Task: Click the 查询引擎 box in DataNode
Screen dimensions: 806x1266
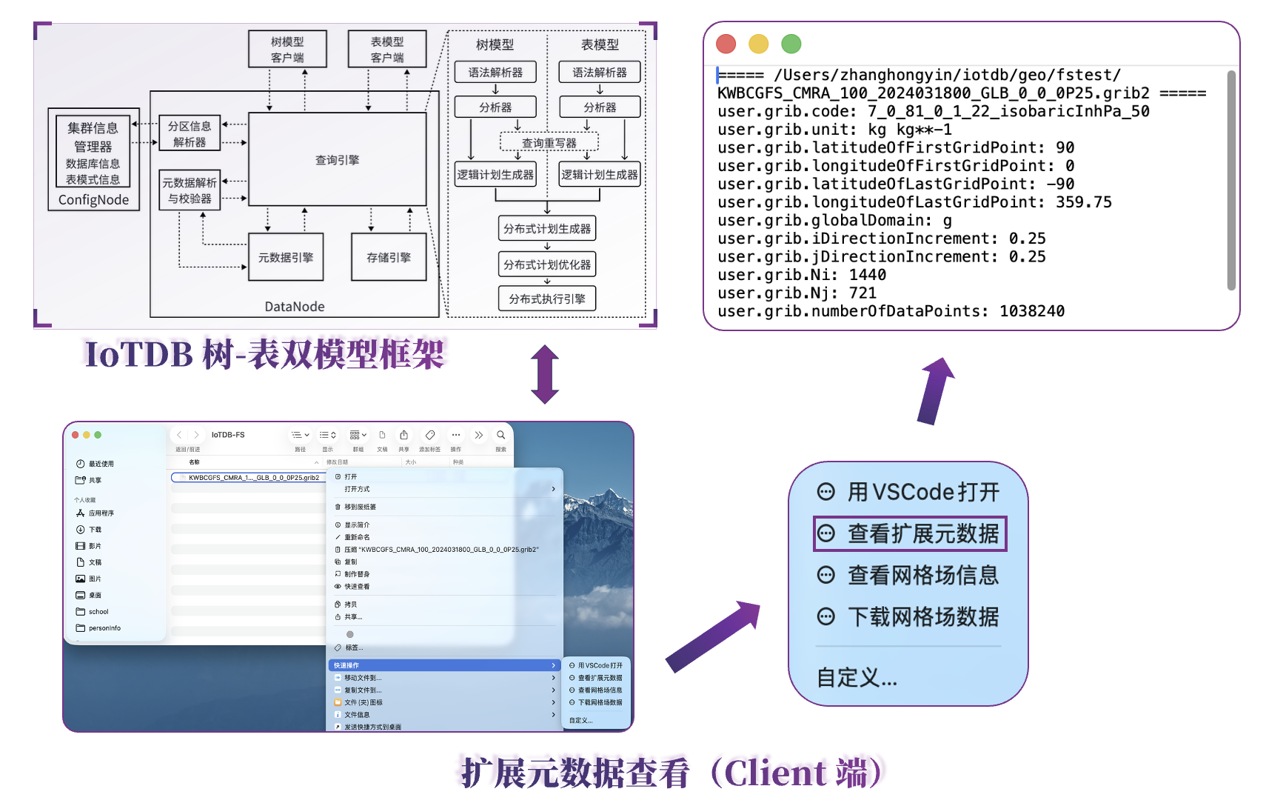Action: click(x=337, y=159)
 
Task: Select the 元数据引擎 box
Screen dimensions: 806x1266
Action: click(x=286, y=257)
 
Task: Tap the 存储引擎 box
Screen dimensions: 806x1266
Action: click(x=389, y=257)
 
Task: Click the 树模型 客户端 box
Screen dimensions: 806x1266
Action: click(x=287, y=49)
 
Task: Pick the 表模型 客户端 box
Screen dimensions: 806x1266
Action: click(x=387, y=49)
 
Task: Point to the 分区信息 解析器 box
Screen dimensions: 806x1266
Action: click(x=190, y=133)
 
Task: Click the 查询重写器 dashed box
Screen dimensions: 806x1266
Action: click(x=549, y=142)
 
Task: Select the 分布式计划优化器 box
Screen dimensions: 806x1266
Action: click(x=547, y=264)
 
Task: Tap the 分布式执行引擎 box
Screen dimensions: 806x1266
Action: click(x=547, y=299)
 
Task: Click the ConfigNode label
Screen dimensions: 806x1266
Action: click(x=93, y=199)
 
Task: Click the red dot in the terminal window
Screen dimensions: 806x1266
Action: click(x=726, y=44)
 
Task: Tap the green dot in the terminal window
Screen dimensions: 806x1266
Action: click(x=791, y=44)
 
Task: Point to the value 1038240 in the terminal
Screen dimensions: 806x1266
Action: click(x=1032, y=311)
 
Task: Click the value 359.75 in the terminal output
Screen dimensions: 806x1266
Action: click(x=1084, y=202)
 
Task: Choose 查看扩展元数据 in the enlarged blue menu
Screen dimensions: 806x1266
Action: click(x=911, y=533)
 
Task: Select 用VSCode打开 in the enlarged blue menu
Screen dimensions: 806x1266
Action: click(x=909, y=492)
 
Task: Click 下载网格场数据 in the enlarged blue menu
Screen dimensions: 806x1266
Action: click(x=909, y=616)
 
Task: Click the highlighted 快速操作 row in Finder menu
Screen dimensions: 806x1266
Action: click(x=443, y=665)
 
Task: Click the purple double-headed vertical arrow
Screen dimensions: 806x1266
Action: click(x=545, y=374)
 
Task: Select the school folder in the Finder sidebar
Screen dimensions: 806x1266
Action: click(x=98, y=612)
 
